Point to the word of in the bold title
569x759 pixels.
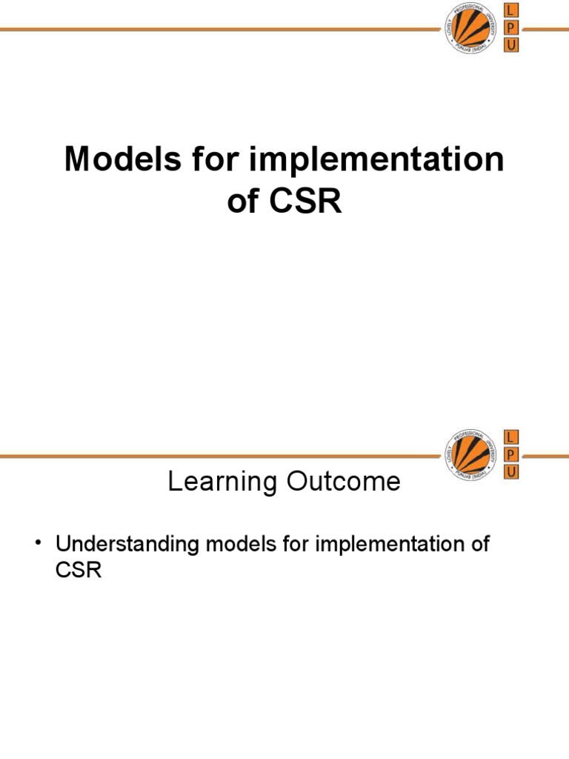[243, 201]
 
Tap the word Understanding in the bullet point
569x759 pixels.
[127, 545]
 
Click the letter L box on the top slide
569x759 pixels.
[510, 10]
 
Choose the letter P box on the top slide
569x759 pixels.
[510, 27]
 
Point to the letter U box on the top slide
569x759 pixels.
[510, 45]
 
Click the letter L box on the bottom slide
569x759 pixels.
[510, 436]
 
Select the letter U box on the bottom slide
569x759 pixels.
[510, 471]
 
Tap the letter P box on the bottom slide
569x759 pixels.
[510, 454]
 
